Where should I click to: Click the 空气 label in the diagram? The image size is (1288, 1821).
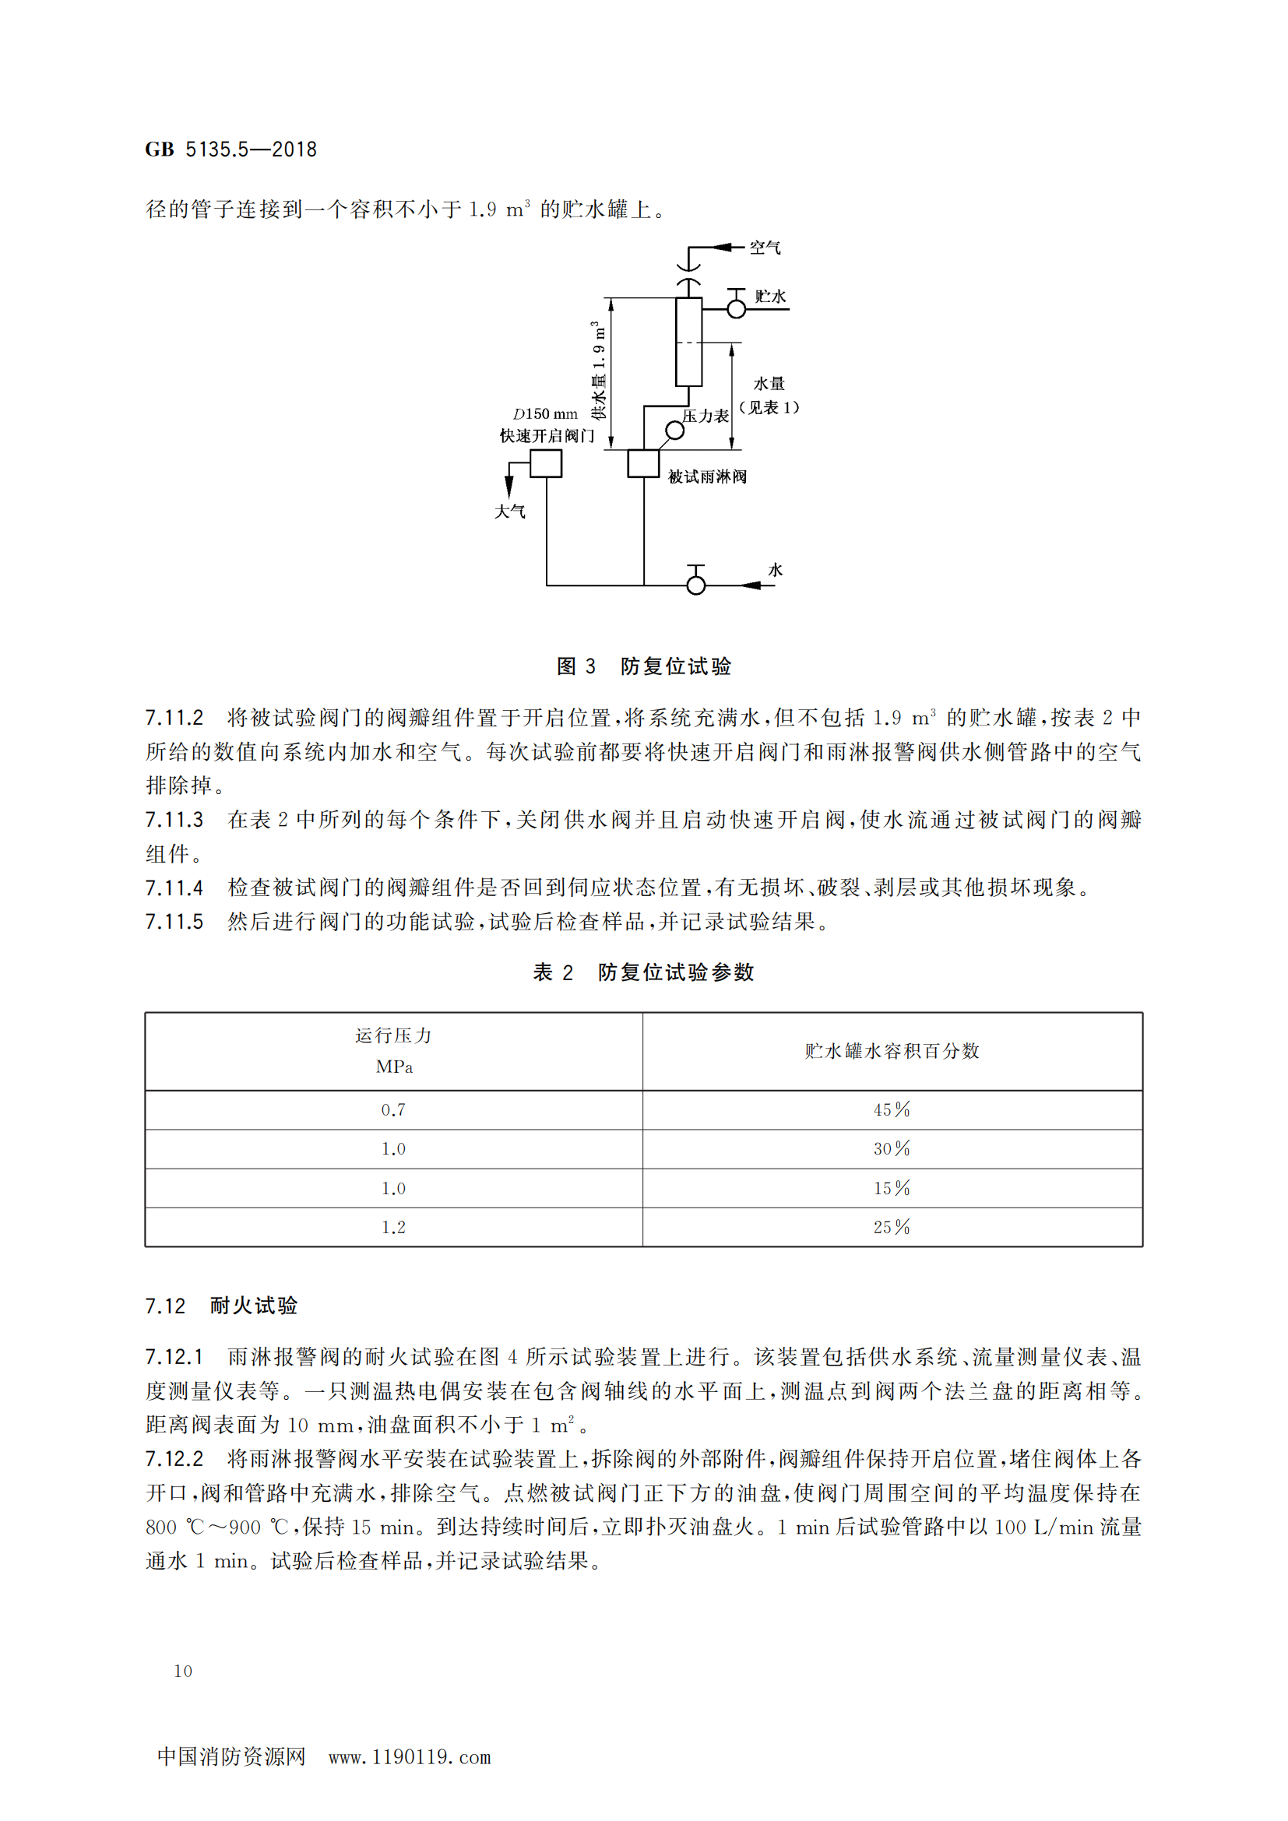[x=765, y=248]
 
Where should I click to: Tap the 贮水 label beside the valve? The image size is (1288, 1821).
[x=770, y=296]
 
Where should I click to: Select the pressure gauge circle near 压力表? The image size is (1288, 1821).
[x=675, y=431]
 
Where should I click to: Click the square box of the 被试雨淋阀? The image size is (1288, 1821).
[x=643, y=463]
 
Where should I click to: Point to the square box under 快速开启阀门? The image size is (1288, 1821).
[x=546, y=463]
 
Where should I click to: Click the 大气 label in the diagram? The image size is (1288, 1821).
[x=510, y=511]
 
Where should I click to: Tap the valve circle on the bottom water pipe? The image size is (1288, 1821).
[x=695, y=585]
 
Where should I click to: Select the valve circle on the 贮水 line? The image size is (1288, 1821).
[x=736, y=308]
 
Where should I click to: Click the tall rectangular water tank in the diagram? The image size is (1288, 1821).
[x=688, y=342]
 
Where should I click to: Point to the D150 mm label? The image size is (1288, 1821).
[x=546, y=413]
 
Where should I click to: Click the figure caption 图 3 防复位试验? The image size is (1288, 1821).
[x=643, y=666]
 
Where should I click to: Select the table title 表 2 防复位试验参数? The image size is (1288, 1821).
[x=643, y=972]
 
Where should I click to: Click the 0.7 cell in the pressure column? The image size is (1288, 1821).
[x=393, y=1109]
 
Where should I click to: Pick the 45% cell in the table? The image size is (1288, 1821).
[x=892, y=1109]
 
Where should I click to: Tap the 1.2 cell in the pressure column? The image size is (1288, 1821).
[x=393, y=1227]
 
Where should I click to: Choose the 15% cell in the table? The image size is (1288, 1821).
[x=892, y=1188]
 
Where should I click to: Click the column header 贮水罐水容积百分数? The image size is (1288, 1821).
[x=892, y=1051]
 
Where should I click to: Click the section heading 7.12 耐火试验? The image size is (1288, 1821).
[x=221, y=1306]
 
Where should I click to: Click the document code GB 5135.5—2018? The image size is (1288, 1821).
[x=231, y=149]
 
